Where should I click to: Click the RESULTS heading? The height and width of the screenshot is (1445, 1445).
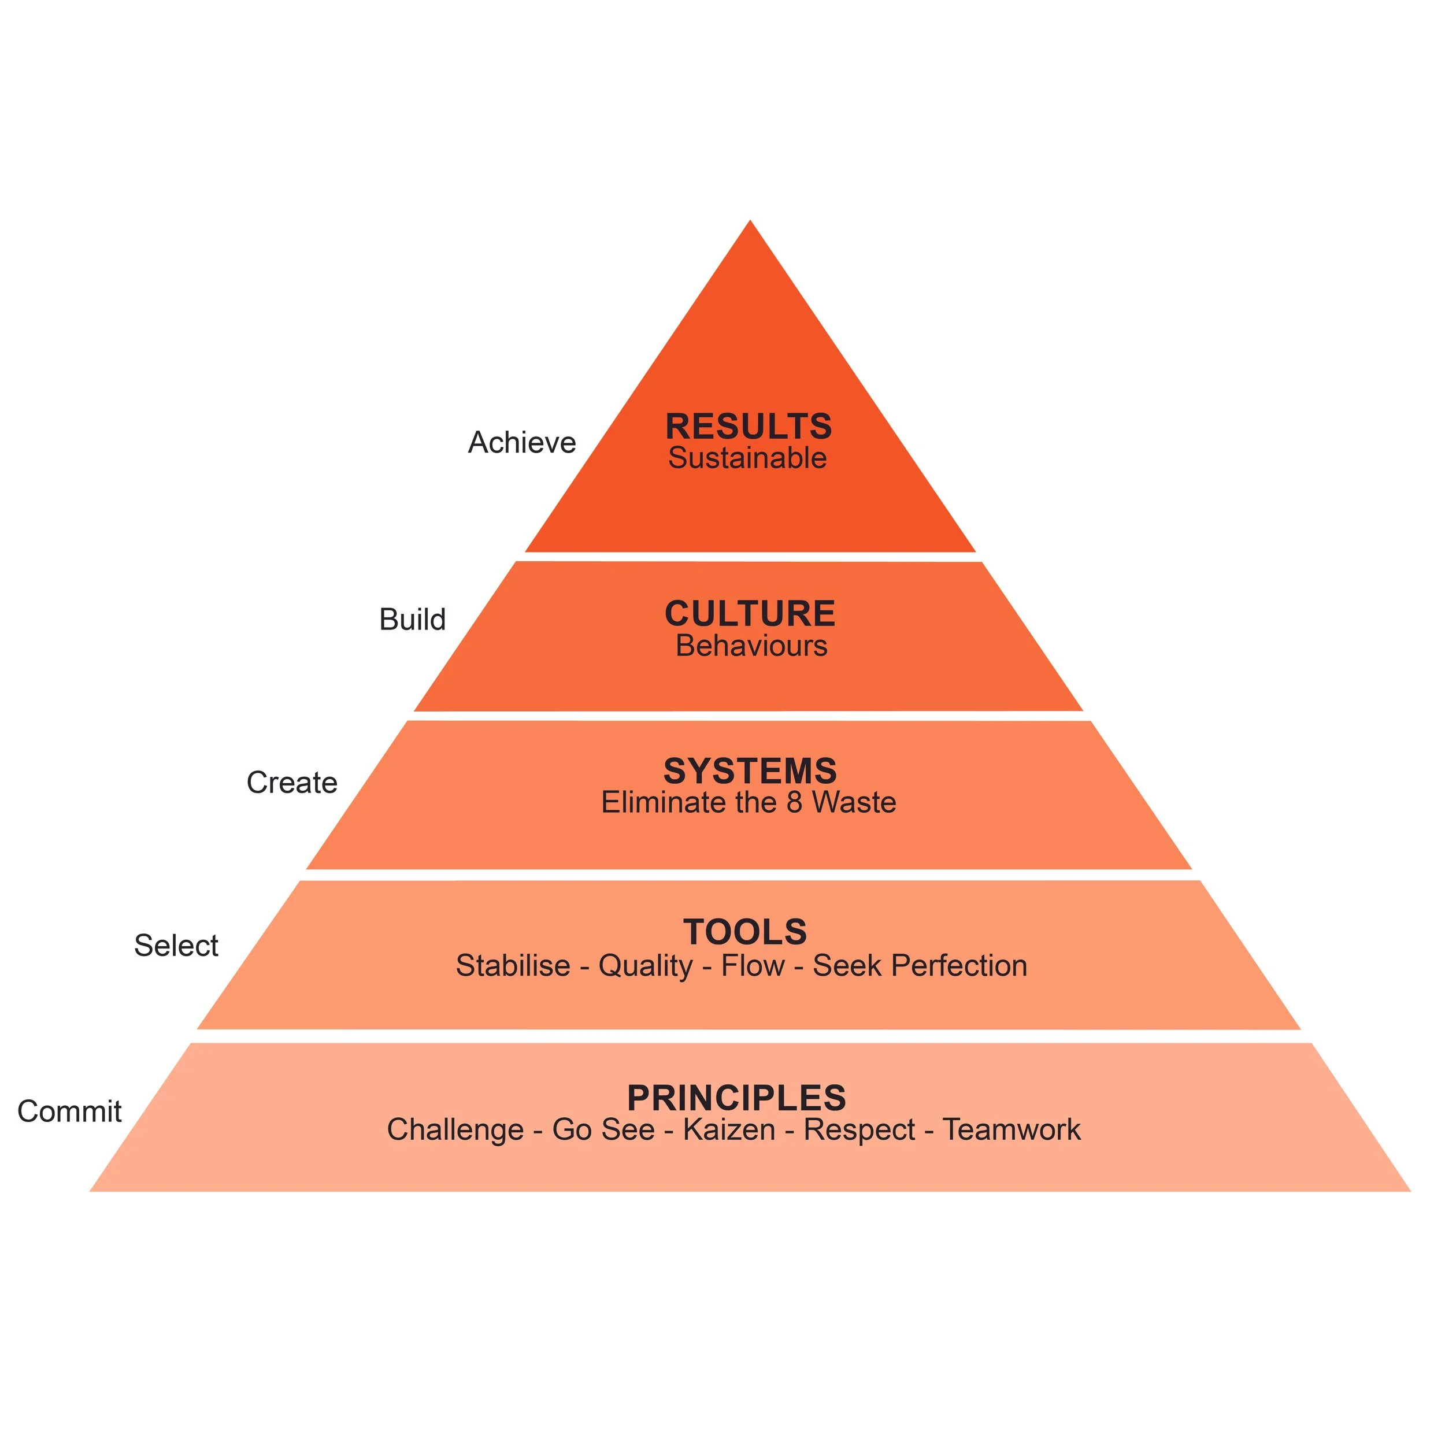click(x=749, y=427)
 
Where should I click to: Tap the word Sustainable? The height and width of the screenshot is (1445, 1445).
click(x=747, y=458)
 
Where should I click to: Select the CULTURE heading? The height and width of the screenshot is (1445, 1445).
click(x=750, y=614)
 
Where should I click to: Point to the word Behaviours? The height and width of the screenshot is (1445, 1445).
click(x=751, y=646)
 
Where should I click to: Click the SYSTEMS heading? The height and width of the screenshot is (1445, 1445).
click(x=750, y=771)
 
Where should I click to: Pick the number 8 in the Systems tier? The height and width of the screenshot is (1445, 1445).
click(x=794, y=802)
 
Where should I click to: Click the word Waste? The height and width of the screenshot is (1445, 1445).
click(x=854, y=802)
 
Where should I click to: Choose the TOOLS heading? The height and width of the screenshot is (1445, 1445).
click(x=745, y=932)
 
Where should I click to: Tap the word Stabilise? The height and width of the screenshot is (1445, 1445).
click(x=513, y=966)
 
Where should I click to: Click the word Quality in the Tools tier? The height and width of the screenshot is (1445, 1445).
click(x=646, y=966)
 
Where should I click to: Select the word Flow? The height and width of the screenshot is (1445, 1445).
click(x=753, y=966)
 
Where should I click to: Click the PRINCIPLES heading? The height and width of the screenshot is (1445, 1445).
click(x=737, y=1098)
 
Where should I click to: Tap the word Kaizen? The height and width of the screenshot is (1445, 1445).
click(x=729, y=1129)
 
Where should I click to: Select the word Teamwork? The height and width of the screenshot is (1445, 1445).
click(x=1011, y=1129)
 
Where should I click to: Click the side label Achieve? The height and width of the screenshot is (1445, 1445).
click(x=522, y=443)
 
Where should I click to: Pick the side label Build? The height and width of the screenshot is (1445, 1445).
click(x=412, y=619)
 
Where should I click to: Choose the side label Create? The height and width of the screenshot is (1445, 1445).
click(x=292, y=783)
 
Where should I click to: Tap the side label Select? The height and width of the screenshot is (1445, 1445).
click(x=176, y=946)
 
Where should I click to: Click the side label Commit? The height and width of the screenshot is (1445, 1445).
click(x=69, y=1111)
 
